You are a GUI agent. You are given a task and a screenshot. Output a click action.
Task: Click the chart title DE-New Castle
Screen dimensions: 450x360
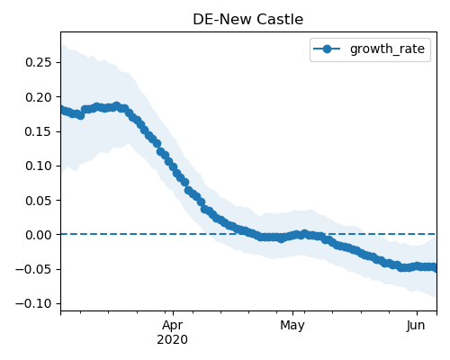[x=247, y=20]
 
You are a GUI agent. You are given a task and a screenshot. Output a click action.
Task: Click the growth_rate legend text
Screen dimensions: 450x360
[x=387, y=49]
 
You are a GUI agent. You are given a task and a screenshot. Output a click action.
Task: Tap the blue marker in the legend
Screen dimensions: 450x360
[x=327, y=49]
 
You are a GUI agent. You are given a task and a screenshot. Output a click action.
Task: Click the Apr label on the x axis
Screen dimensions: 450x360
[x=173, y=326]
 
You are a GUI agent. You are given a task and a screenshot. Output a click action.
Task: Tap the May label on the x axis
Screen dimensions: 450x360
[x=292, y=326]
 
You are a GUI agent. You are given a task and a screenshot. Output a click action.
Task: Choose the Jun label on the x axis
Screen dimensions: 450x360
[x=416, y=325]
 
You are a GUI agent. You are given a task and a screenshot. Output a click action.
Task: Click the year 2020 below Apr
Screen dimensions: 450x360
[x=173, y=339]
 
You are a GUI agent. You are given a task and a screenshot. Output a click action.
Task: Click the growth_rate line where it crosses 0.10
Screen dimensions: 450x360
[x=173, y=166]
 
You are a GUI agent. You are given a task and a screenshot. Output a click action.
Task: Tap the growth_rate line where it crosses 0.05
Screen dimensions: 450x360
[x=201, y=201]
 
